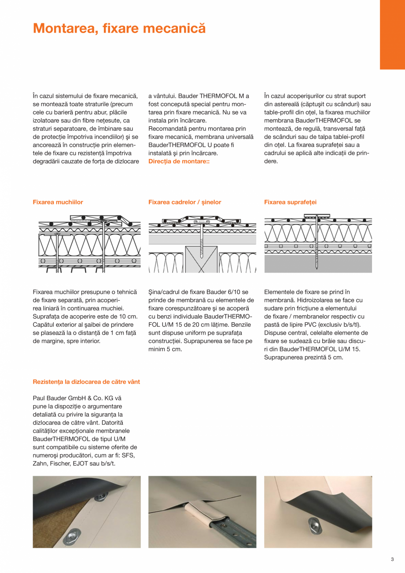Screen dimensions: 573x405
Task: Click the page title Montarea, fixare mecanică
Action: point(119,29)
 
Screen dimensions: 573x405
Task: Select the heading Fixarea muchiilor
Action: point(58,202)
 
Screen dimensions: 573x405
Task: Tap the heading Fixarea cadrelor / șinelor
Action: point(184,202)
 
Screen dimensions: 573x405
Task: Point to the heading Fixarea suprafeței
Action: point(290,202)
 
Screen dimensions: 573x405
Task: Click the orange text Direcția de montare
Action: point(178,162)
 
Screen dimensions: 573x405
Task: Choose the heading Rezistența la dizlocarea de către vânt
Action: point(86,382)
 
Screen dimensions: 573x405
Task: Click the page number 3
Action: point(392,560)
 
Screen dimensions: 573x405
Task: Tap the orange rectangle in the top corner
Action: point(392,34)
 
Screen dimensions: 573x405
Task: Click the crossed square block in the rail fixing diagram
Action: point(202,259)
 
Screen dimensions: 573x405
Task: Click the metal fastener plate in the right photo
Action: point(318,524)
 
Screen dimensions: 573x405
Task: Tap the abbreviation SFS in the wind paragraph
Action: point(129,456)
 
